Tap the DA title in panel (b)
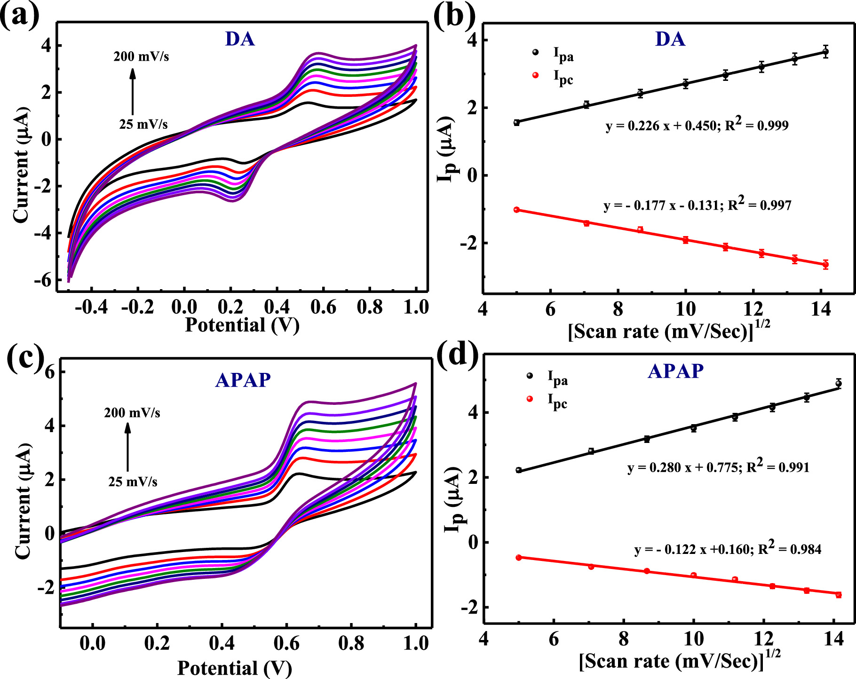670,39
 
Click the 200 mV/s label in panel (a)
141,56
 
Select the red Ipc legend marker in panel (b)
535,75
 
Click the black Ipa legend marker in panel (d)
530,375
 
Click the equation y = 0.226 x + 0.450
697,125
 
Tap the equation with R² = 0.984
728,549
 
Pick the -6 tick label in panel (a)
42,280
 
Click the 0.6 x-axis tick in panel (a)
323,308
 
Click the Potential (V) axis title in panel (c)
234,668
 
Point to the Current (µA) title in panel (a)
21,165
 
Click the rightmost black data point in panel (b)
825,52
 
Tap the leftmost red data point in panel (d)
519,557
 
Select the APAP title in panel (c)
243,380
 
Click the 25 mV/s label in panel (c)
133,482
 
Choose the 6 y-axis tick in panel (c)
49,372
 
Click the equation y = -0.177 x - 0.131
697,205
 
